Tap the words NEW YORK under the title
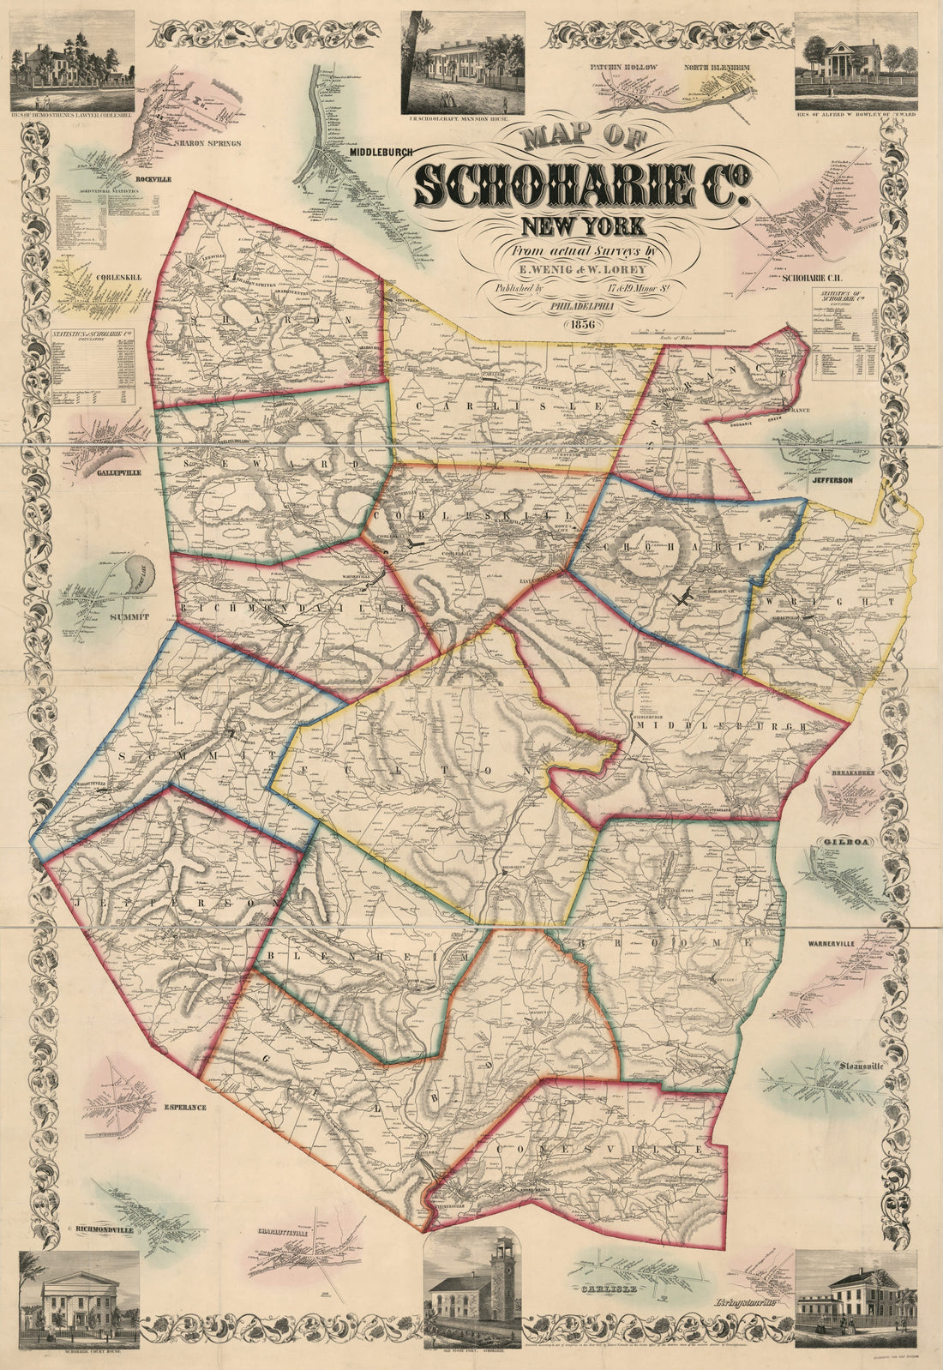[580, 227]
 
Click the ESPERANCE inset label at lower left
[184, 1107]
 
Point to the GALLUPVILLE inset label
[106, 472]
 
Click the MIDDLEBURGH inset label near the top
[381, 151]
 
